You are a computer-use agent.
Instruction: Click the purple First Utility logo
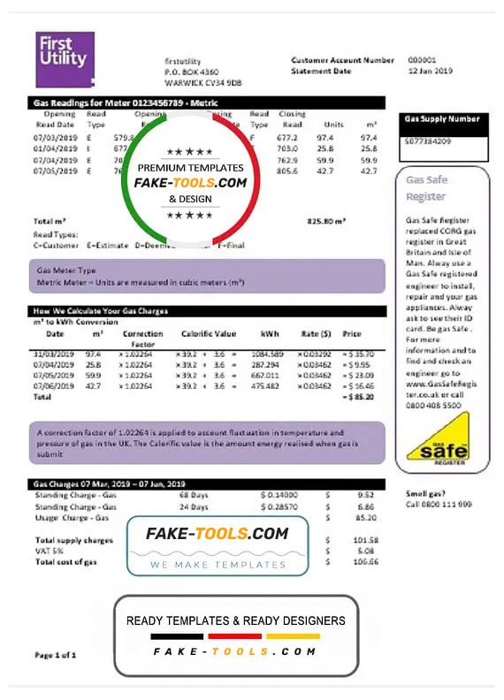click(x=65, y=59)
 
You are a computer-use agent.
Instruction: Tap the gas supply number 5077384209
click(x=426, y=141)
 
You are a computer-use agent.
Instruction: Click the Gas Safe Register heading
click(x=426, y=187)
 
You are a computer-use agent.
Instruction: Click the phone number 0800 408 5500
click(x=432, y=404)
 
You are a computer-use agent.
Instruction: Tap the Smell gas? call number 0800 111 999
click(x=439, y=504)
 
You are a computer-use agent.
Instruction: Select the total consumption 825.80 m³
click(x=326, y=220)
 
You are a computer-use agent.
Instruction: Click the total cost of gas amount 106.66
click(x=366, y=562)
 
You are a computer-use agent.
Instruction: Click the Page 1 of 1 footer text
click(x=55, y=655)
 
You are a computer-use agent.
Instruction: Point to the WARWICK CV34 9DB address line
click(x=203, y=81)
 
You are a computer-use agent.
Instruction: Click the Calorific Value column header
click(x=209, y=334)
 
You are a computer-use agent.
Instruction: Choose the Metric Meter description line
click(x=141, y=283)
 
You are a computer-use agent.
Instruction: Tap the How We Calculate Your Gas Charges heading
click(x=101, y=311)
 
